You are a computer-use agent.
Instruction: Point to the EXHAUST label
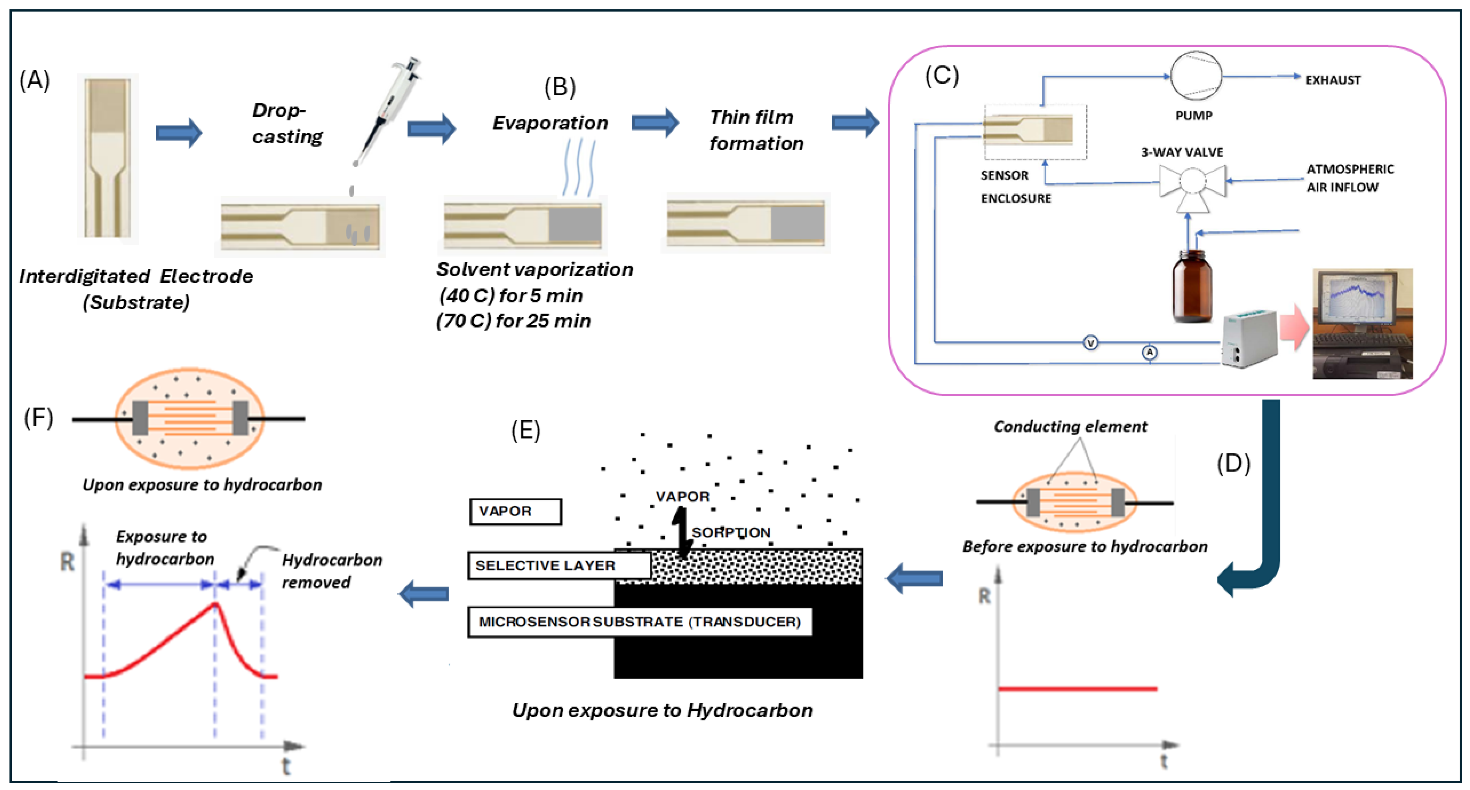[x=1333, y=80]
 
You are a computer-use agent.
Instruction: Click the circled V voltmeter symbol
[x=1090, y=343]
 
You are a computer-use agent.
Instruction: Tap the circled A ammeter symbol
[x=1149, y=352]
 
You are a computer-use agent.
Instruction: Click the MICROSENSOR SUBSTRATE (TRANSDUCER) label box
[x=639, y=622]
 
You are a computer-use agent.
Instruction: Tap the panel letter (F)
[x=38, y=418]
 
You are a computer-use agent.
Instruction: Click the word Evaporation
[x=550, y=123]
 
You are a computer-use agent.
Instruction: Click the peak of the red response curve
[x=215, y=604]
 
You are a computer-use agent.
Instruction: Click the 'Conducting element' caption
[x=1070, y=426]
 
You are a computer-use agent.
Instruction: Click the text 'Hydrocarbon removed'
[x=331, y=571]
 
